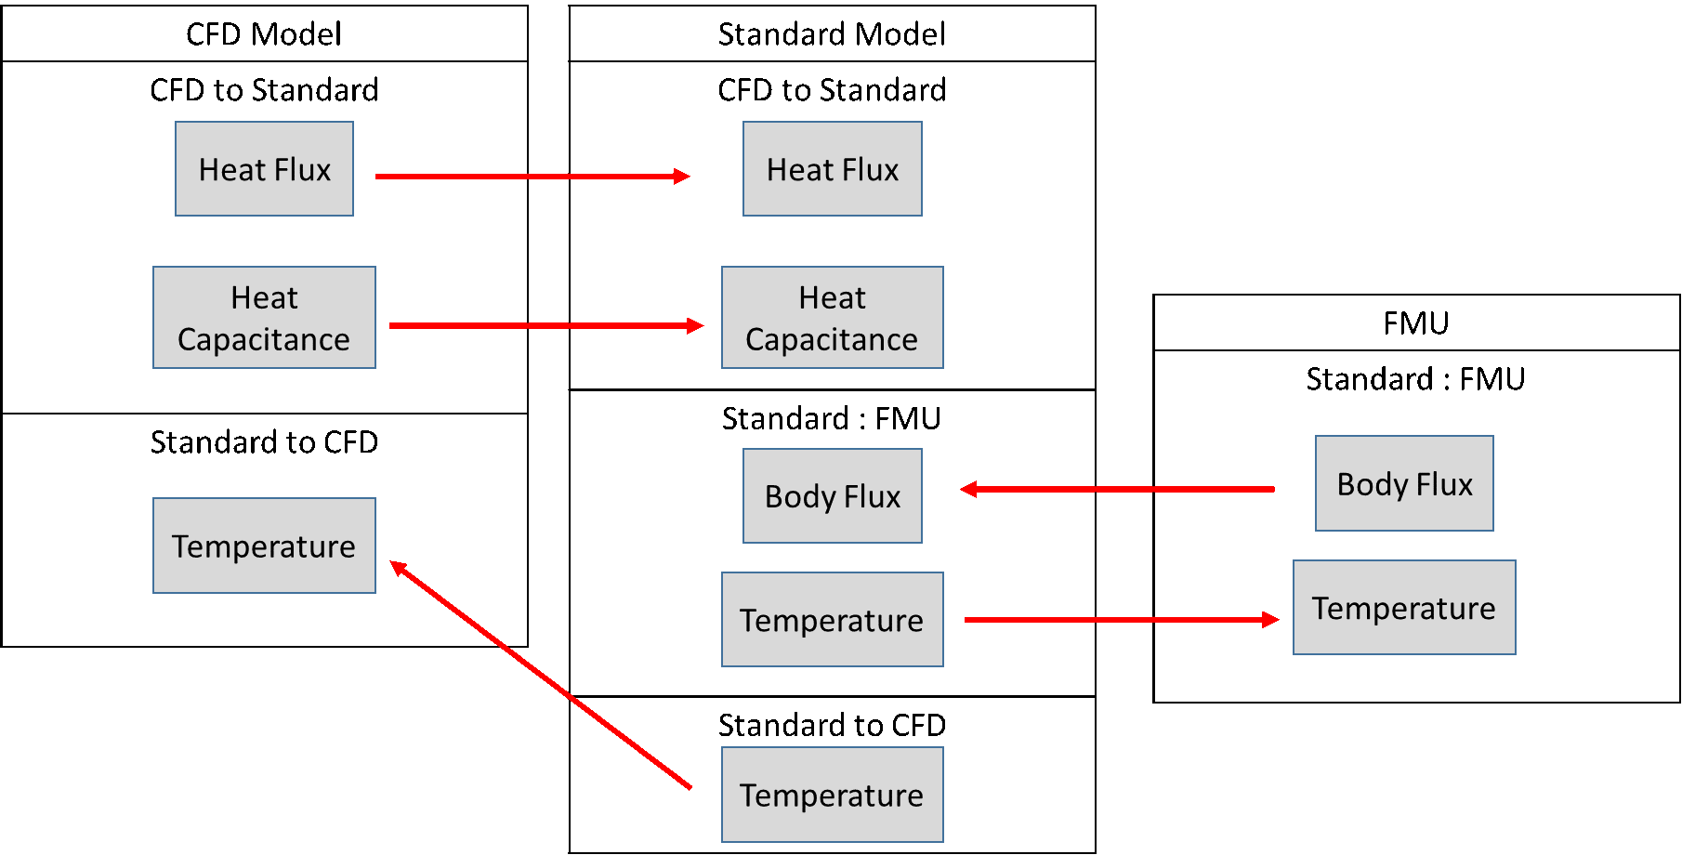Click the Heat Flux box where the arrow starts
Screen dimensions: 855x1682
point(264,169)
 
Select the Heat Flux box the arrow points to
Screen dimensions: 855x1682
point(832,169)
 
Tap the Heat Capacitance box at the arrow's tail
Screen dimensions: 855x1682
point(264,318)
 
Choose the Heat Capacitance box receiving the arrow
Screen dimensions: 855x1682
point(832,318)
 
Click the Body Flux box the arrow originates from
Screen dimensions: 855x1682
point(1404,483)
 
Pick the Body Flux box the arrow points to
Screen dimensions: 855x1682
point(832,496)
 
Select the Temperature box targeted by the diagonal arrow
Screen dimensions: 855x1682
point(264,546)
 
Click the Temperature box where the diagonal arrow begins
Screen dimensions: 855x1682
point(832,795)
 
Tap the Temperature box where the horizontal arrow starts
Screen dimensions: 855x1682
point(832,620)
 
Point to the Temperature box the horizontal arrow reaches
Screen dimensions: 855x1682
point(1404,608)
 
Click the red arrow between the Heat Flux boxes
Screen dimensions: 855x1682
point(530,177)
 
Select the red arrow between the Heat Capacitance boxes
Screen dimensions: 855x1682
point(544,326)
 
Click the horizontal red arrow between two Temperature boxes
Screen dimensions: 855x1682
point(1115,620)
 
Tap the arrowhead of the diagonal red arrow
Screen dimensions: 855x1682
point(398,566)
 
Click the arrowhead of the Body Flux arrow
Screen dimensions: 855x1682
point(968,489)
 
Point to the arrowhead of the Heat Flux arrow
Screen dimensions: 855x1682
point(682,177)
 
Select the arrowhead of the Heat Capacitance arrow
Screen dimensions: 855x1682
point(696,326)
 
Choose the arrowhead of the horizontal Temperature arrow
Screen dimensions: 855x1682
point(1271,620)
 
